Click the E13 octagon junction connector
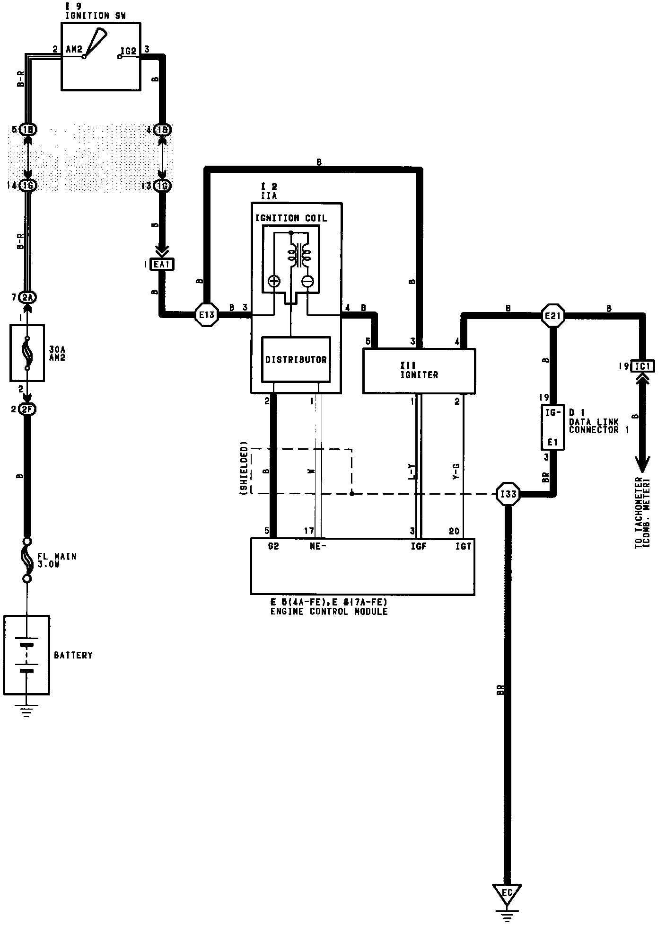tap(207, 314)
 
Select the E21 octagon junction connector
tap(553, 315)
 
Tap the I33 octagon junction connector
tap(508, 494)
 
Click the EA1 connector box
tap(162, 264)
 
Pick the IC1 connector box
tap(642, 366)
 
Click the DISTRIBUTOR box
tap(296, 359)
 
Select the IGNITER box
tap(419, 371)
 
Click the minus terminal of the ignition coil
tap(307, 281)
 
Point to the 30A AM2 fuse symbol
tap(27, 353)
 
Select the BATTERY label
tap(73, 655)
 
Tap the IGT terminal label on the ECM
tap(463, 546)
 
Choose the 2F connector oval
tap(27, 409)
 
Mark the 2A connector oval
tap(27, 297)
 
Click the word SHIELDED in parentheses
tap(244, 468)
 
